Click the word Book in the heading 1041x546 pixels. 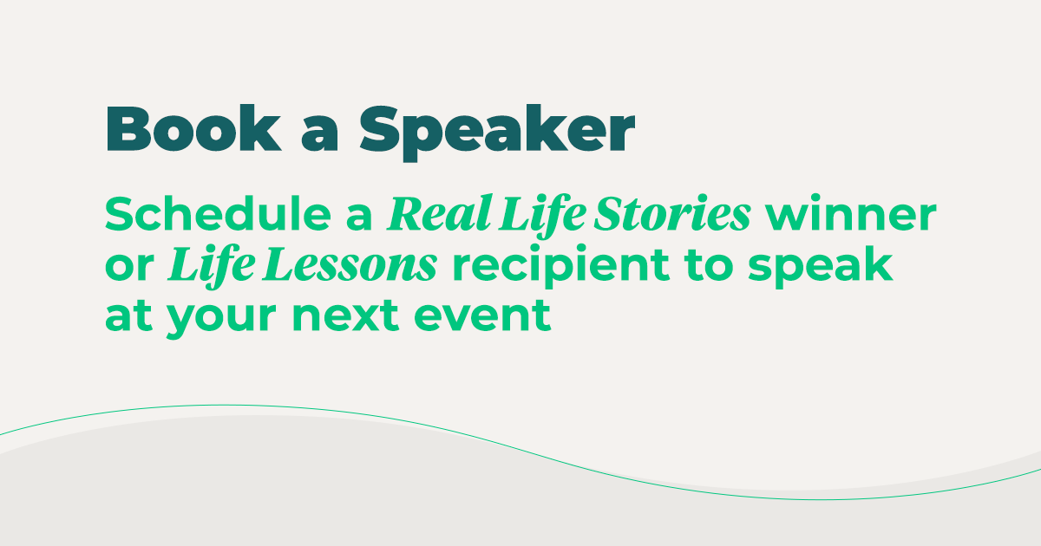click(x=193, y=128)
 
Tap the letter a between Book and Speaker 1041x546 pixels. click(x=319, y=134)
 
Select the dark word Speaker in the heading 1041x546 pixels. click(x=497, y=133)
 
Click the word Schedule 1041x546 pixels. click(x=218, y=213)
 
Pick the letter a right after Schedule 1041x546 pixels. click(x=359, y=218)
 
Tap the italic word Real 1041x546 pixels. click(x=439, y=213)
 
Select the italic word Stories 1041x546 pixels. click(x=672, y=213)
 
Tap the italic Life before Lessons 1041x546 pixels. click(x=211, y=267)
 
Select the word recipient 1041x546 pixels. click(x=561, y=267)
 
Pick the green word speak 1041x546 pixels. click(x=821, y=267)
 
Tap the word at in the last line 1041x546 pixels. click(x=128, y=315)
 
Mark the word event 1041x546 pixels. click(x=482, y=315)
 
